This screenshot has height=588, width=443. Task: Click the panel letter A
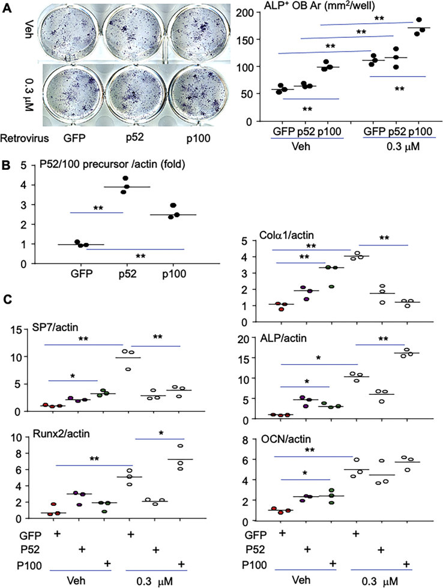(x=7, y=7)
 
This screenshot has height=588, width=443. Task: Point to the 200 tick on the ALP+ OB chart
(x=246, y=13)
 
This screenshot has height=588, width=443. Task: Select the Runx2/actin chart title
(x=61, y=433)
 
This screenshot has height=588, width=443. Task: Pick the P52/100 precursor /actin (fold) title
(x=112, y=164)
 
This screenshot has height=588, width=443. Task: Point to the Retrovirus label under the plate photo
(x=25, y=139)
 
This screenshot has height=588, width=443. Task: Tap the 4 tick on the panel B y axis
(x=23, y=185)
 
